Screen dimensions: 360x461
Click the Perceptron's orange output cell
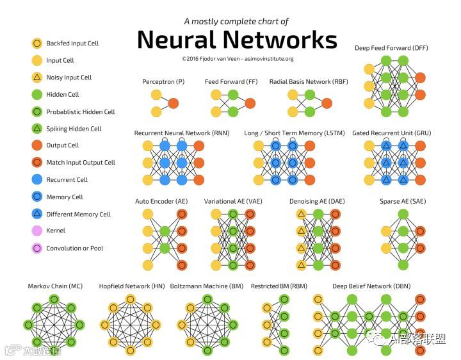(173, 103)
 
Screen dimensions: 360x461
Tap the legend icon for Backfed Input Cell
(37, 44)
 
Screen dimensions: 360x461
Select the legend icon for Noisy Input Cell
(37, 78)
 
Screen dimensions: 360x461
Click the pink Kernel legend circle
(37, 231)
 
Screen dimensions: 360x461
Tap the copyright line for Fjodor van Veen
(238, 58)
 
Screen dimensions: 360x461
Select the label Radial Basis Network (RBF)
(309, 82)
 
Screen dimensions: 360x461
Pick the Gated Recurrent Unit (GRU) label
(391, 133)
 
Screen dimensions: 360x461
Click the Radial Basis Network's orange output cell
(327, 103)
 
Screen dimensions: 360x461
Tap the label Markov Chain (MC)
(54, 286)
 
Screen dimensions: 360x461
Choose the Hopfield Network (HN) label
(132, 286)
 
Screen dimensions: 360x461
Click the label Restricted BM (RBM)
(279, 286)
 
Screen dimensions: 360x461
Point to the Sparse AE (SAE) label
(403, 201)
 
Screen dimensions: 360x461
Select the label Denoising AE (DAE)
(316, 201)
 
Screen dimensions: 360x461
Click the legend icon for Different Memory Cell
(37, 214)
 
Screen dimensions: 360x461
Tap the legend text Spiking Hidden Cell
(74, 129)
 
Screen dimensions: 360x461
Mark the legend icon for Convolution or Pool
(37, 248)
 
